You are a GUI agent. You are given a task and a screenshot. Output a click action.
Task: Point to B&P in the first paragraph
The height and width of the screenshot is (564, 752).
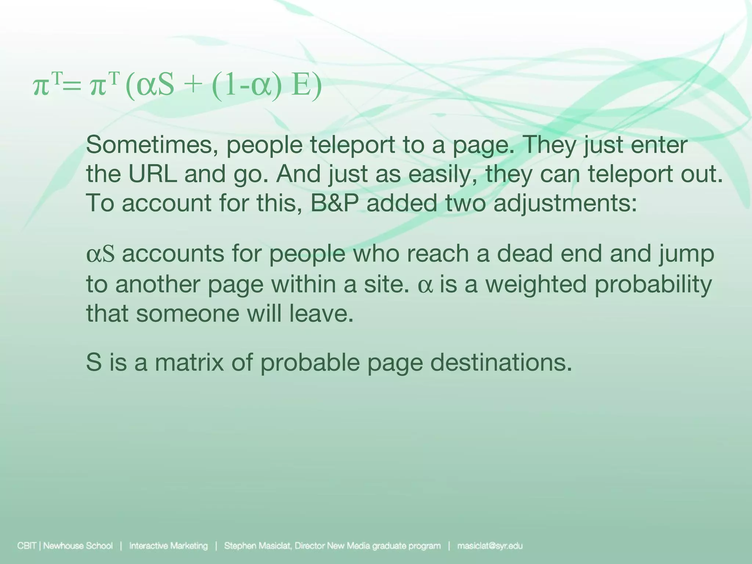tap(334, 203)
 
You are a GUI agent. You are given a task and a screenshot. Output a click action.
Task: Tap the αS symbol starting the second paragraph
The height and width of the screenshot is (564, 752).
tap(100, 254)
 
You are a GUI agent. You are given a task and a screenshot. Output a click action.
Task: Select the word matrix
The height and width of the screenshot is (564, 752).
tap(189, 362)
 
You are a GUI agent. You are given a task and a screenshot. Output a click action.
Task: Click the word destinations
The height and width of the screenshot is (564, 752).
tap(501, 362)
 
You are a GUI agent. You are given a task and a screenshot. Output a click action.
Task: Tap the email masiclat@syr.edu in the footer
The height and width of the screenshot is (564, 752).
tap(490, 546)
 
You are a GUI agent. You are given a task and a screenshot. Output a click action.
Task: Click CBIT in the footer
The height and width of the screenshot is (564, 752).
tap(27, 546)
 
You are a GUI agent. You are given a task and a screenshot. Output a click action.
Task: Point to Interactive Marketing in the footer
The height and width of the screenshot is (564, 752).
tap(169, 546)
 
